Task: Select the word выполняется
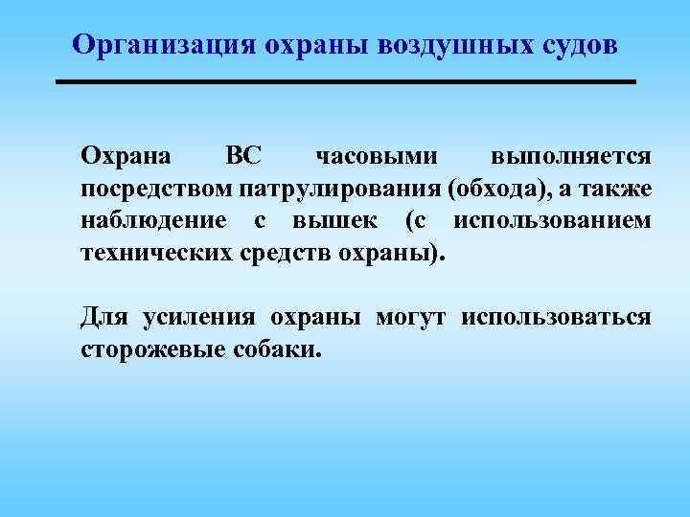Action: (x=571, y=155)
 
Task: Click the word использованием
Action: (x=553, y=221)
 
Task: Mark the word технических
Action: (x=152, y=254)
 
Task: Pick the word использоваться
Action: (x=556, y=317)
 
